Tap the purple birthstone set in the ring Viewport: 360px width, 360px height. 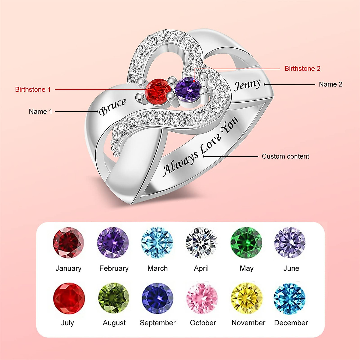[188, 89]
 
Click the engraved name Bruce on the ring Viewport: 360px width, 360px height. [113, 106]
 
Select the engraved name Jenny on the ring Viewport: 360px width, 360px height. [247, 85]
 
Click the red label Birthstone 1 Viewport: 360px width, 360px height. [33, 89]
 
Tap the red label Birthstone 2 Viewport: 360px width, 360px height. [302, 69]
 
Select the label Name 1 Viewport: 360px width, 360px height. [40, 112]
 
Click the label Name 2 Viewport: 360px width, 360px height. [331, 85]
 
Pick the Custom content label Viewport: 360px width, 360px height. [285, 156]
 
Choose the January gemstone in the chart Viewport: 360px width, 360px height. [68, 243]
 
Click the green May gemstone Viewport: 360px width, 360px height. [246, 243]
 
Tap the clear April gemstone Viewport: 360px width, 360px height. [201, 243]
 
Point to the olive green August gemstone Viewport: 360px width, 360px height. [114, 298]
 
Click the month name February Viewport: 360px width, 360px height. [114, 268]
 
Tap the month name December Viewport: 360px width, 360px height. [291, 323]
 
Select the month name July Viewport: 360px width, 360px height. [67, 323]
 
